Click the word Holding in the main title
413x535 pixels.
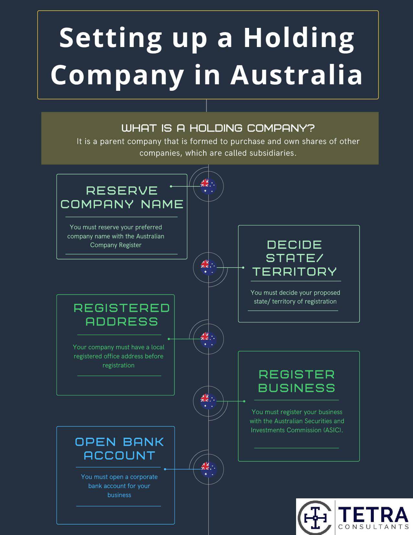pyautogui.click(x=299, y=38)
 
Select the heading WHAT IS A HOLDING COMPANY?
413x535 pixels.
pyautogui.click(x=218, y=128)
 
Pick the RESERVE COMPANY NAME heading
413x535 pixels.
pyautogui.click(x=122, y=197)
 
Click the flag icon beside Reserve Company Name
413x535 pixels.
pyautogui.click(x=208, y=186)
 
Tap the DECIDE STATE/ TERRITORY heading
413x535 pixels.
pyautogui.click(x=295, y=258)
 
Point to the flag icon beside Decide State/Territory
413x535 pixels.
pyautogui.click(x=208, y=267)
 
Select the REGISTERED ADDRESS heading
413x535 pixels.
pyautogui.click(x=122, y=315)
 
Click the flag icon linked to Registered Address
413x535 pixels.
pyautogui.click(x=208, y=339)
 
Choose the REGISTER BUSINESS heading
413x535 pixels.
pyautogui.click(x=297, y=381)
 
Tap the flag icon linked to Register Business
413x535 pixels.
pyautogui.click(x=208, y=401)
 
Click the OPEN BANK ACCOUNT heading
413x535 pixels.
pyautogui.click(x=120, y=449)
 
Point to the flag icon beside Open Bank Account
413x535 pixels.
pyautogui.click(x=208, y=469)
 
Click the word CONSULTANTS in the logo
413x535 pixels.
pyautogui.click(x=373, y=527)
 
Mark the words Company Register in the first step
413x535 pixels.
pyautogui.click(x=116, y=245)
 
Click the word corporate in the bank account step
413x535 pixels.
pyautogui.click(x=144, y=477)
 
